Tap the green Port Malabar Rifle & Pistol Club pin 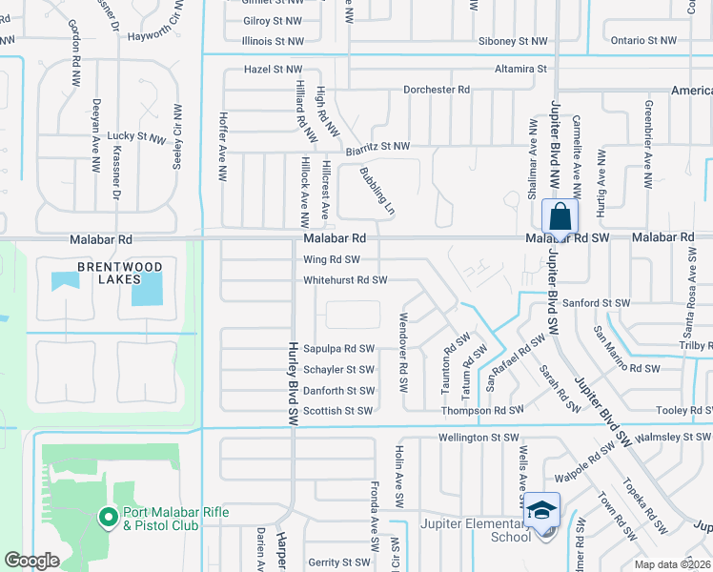tap(109, 518)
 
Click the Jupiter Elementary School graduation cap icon tap(541, 509)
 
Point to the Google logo tap(31, 561)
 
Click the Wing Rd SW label tap(332, 259)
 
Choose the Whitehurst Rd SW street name tap(345, 280)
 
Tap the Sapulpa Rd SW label tap(338, 349)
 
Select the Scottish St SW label tap(337, 412)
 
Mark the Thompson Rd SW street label tap(482, 411)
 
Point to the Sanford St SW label tap(596, 303)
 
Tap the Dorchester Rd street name tap(438, 90)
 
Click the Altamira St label tap(520, 69)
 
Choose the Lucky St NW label tap(136, 137)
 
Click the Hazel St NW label tap(273, 70)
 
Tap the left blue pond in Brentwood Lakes tap(66, 281)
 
